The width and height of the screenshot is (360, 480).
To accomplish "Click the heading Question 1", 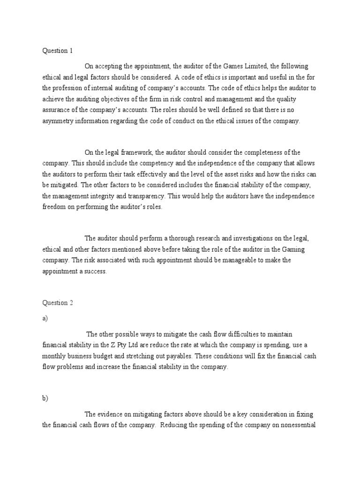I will [58, 50].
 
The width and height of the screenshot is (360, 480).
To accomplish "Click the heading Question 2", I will [58, 303].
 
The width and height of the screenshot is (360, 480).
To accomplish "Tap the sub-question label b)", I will [45, 398].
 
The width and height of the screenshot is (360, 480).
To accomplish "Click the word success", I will [96, 271].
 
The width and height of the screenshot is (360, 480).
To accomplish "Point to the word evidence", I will [110, 414].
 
